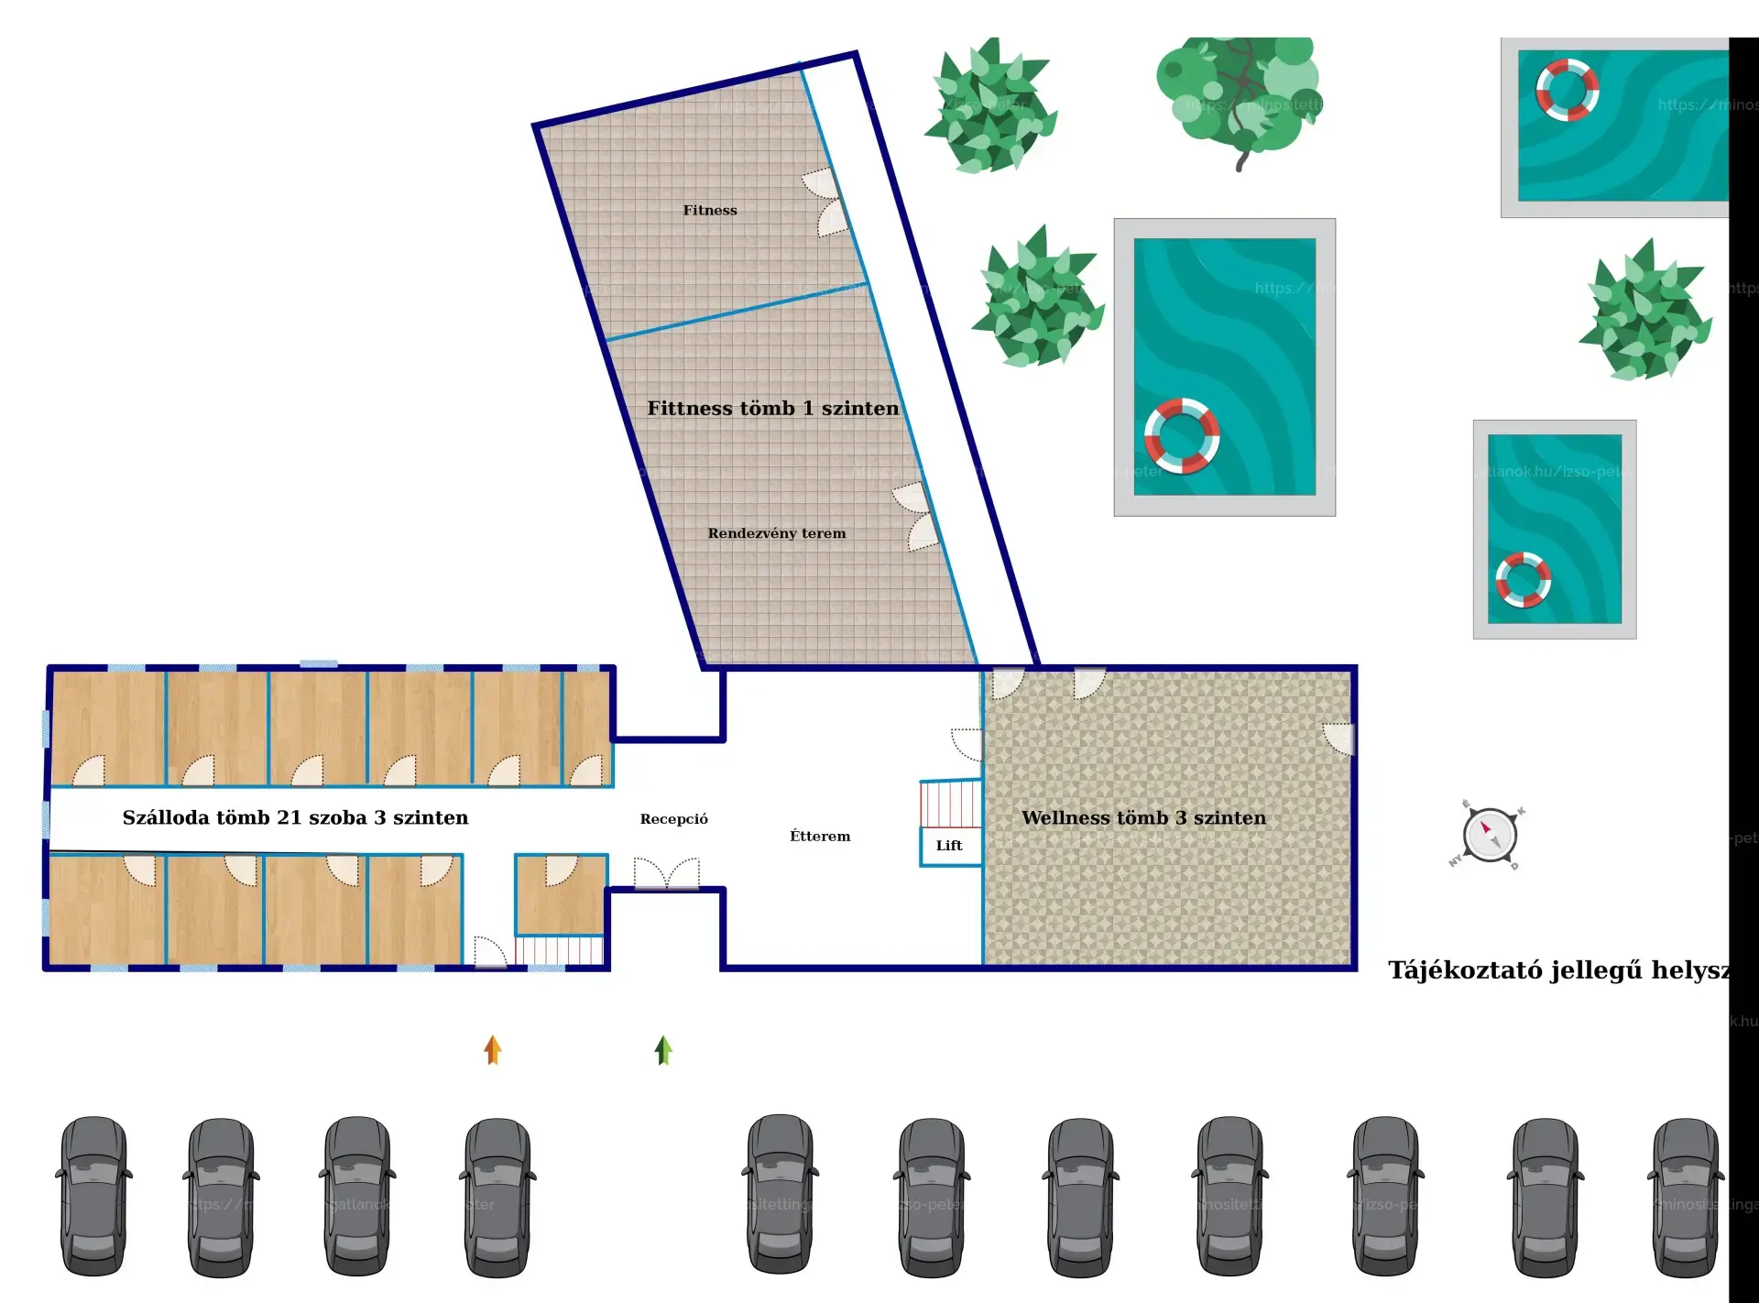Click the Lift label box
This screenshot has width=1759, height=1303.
click(950, 846)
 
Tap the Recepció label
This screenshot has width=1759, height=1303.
click(673, 819)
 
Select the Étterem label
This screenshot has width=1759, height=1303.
click(820, 836)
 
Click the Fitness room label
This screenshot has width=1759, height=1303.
click(709, 211)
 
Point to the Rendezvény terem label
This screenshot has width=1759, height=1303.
click(776, 533)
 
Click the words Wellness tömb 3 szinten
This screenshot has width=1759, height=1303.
click(1143, 817)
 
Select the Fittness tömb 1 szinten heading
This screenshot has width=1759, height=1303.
click(772, 409)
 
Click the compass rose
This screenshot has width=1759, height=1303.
click(1489, 835)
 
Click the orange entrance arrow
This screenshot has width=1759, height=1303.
click(493, 1050)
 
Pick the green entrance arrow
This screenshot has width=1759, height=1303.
click(663, 1050)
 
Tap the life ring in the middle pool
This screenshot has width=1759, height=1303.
click(1182, 436)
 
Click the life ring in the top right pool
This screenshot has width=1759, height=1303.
click(1568, 90)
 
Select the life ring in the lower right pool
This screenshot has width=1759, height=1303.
click(1523, 580)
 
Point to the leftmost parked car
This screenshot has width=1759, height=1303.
click(93, 1195)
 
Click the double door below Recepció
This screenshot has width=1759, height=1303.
click(667, 874)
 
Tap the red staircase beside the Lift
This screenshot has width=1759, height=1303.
click(951, 804)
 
